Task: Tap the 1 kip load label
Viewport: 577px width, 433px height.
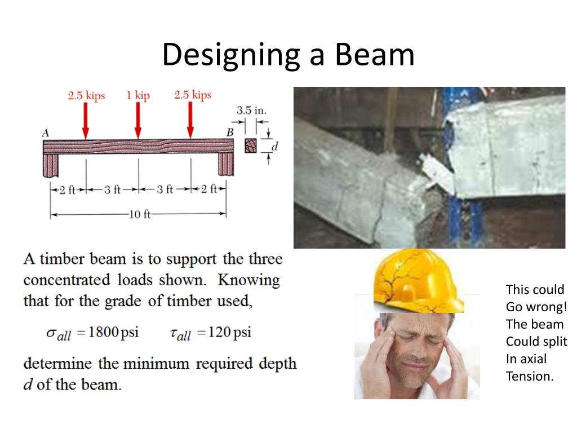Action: click(138, 95)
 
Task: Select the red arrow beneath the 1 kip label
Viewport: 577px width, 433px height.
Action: click(138, 121)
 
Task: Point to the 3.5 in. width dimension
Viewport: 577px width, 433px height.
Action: click(251, 110)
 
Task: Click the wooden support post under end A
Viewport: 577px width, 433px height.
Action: click(51, 164)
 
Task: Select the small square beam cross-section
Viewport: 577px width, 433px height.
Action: click(250, 146)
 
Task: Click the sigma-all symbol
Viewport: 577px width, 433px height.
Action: click(59, 334)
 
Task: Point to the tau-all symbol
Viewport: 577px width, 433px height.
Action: click(180, 334)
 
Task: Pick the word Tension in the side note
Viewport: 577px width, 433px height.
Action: click(530, 376)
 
